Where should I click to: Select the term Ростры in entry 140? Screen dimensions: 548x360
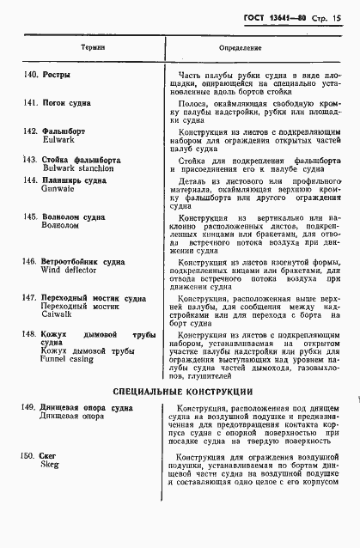click(x=56, y=76)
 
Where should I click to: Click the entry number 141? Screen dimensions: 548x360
click(x=28, y=103)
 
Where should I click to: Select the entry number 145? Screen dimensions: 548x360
click(x=28, y=218)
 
